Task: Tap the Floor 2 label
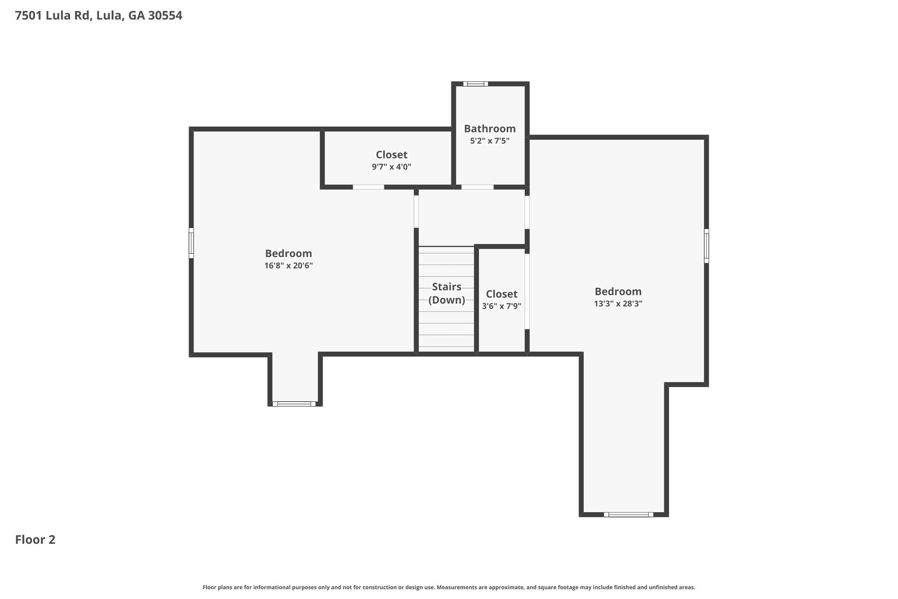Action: coord(35,540)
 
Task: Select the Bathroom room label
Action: coord(490,129)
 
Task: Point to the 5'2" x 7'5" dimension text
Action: coord(490,141)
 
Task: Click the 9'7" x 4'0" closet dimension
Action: coord(392,167)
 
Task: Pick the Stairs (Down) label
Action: coord(447,293)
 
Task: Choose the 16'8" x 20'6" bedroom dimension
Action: coord(289,265)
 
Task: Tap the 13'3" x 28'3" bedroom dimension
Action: coord(618,304)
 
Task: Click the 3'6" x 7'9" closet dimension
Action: coord(502,306)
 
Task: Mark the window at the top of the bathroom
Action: coord(476,84)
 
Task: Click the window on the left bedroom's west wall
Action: coord(191,243)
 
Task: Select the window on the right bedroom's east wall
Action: coord(706,246)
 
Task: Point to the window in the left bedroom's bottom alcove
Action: coord(294,404)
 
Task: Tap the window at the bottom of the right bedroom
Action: coord(628,515)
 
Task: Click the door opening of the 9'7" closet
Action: coord(369,187)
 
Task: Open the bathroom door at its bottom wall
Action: coord(478,187)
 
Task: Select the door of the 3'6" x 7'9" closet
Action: coord(527,291)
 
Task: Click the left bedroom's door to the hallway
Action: coord(416,212)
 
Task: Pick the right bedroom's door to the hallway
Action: coord(527,212)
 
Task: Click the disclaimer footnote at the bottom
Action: coord(449,587)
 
